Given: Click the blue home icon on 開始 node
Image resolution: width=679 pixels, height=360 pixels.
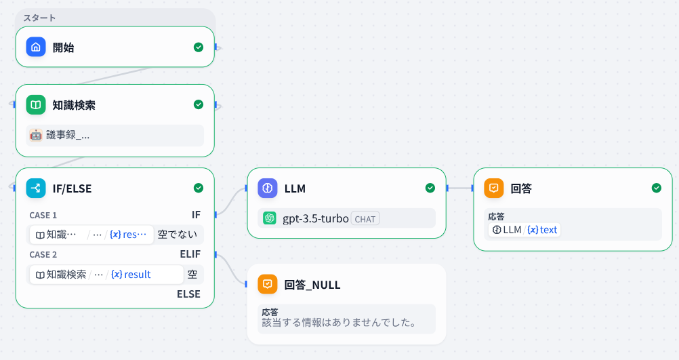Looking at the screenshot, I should [x=36, y=47].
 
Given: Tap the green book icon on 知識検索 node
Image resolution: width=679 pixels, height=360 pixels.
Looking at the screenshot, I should [x=36, y=105].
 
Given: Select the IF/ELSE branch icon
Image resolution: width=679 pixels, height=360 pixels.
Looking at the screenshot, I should [x=36, y=188].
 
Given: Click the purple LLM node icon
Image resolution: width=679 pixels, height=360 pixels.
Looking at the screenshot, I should [x=268, y=188].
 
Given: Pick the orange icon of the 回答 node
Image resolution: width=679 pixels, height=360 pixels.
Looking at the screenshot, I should [x=494, y=188].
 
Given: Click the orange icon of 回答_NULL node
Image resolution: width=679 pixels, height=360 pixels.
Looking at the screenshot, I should [x=268, y=284].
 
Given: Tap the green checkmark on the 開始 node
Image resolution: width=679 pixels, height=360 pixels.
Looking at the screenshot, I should [x=199, y=47].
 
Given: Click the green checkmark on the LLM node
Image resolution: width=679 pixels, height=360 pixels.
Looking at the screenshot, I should [x=430, y=188].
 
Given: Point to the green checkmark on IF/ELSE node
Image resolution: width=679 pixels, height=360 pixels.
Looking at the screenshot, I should [x=199, y=188].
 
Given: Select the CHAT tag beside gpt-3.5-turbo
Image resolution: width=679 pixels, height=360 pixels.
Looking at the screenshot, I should [x=365, y=218].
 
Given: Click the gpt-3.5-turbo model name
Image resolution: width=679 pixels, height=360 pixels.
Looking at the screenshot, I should [x=315, y=218].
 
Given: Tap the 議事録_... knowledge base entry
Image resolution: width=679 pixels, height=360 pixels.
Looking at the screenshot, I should [x=68, y=135].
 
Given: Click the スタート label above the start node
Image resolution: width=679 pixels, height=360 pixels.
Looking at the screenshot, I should [x=39, y=18].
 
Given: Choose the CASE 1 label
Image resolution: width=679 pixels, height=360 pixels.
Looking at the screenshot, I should [x=43, y=215].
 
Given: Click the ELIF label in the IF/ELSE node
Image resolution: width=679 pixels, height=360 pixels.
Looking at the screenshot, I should [x=190, y=254].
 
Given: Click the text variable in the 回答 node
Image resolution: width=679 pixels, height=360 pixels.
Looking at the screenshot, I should [x=548, y=230].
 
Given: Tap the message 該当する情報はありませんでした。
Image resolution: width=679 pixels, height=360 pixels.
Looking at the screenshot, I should [x=339, y=322].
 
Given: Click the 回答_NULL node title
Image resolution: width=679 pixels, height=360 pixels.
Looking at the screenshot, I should [x=312, y=285].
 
